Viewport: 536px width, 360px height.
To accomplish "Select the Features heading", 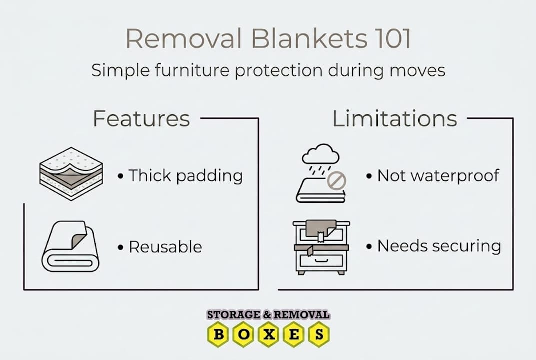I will point(141,119).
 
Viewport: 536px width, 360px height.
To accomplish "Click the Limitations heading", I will point(394,119).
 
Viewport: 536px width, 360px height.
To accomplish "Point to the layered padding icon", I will point(71,174).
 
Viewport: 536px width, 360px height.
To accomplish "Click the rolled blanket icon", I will point(70,246).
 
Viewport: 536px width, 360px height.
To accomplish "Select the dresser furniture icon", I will point(321,247).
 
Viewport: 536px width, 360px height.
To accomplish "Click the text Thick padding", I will point(185,176).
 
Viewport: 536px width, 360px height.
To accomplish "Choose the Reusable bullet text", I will point(165,247).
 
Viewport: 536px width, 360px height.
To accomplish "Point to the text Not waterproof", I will point(438,176).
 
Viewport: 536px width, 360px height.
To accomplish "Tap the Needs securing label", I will point(439,246).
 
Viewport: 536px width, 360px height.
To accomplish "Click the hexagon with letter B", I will point(218,334).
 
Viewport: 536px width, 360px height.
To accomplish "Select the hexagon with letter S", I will point(318,334).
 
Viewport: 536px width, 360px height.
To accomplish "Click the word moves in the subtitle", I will point(418,70).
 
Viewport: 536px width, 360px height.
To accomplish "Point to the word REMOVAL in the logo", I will point(302,315).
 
